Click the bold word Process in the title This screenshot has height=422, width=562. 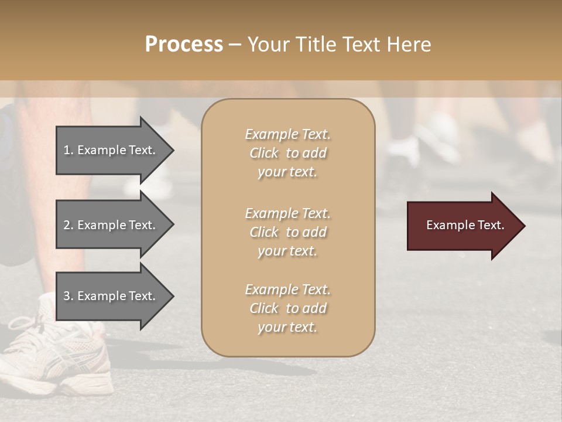tap(184, 45)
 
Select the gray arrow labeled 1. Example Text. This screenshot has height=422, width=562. tap(111, 150)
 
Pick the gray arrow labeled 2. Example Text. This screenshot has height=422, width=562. tap(111, 225)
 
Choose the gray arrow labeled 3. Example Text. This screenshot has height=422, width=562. tap(111, 296)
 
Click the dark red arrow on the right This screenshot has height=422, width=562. tap(462, 225)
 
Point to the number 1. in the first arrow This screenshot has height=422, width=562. tap(68, 150)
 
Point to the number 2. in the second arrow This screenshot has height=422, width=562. tap(68, 225)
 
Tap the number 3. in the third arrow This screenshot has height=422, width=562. tap(68, 296)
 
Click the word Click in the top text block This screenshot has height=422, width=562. tap(264, 153)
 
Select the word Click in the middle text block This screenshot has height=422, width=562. tap(264, 232)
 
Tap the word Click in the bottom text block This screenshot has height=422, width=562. tap(264, 308)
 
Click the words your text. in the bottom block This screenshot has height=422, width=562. tap(287, 328)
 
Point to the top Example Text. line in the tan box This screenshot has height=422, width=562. tap(287, 134)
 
